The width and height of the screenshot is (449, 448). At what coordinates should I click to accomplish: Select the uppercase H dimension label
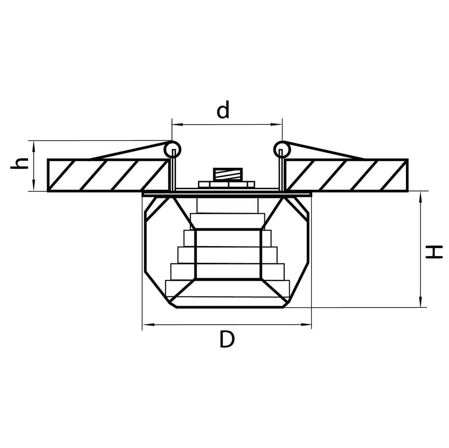[434, 252]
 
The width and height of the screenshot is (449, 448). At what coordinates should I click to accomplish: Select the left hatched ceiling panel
[108, 175]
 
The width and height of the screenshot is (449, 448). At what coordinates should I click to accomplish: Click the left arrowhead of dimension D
[145, 325]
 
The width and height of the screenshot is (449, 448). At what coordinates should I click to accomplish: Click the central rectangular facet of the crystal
[228, 254]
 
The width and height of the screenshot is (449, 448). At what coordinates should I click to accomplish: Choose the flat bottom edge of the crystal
[229, 307]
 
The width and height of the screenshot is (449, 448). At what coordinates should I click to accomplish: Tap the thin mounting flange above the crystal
[227, 195]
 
